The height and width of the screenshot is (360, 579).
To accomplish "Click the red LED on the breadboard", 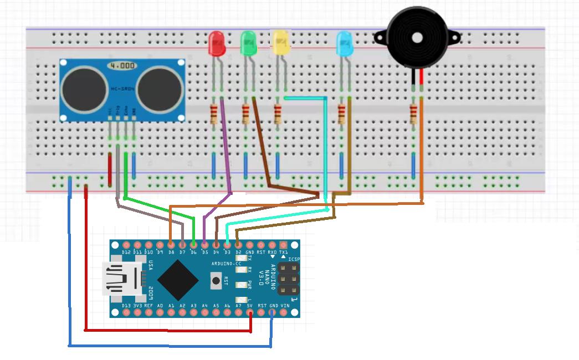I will pyautogui.click(x=216, y=43).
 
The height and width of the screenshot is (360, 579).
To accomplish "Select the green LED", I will pyautogui.click(x=248, y=43).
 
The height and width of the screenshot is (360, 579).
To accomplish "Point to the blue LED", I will pyautogui.click(x=345, y=44).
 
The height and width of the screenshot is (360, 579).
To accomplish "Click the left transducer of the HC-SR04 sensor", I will pyautogui.click(x=85, y=90).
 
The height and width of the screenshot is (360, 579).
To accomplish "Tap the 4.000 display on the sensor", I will pyautogui.click(x=122, y=66).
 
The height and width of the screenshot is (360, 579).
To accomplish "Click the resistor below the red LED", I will pyautogui.click(x=213, y=115).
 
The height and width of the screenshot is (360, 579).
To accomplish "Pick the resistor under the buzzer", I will pyautogui.click(x=413, y=115).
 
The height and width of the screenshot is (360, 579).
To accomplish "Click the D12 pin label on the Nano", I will pyautogui.click(x=126, y=252).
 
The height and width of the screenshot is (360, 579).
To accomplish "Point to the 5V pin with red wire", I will pyautogui.click(x=250, y=312).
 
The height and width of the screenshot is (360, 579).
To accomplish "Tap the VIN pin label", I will pyautogui.click(x=284, y=305).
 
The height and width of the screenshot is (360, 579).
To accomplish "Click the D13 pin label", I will pyautogui.click(x=126, y=305).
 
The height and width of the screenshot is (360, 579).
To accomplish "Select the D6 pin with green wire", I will pyautogui.click(x=193, y=245).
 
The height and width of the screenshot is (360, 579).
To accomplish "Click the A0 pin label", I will pyautogui.click(x=160, y=305).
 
